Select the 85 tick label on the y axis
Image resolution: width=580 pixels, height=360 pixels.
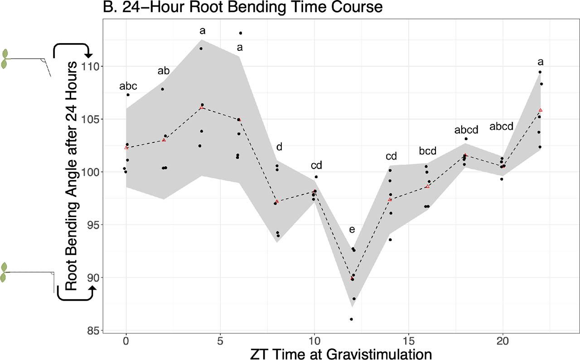point(92,331)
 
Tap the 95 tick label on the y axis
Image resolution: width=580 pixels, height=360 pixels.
point(92,225)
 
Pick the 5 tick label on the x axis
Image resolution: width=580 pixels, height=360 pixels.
point(220,341)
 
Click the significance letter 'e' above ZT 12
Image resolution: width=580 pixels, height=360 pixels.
point(352,230)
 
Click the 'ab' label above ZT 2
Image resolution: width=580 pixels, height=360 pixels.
point(164,71)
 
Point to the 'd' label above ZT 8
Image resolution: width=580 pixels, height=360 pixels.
point(279,147)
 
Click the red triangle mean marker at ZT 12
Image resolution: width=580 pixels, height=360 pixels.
point(352,278)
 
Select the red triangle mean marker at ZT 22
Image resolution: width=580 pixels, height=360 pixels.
point(541,110)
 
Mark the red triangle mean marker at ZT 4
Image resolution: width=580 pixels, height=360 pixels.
point(202,107)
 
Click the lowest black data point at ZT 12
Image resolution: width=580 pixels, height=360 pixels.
point(351,319)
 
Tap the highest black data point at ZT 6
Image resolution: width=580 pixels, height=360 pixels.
point(240,33)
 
